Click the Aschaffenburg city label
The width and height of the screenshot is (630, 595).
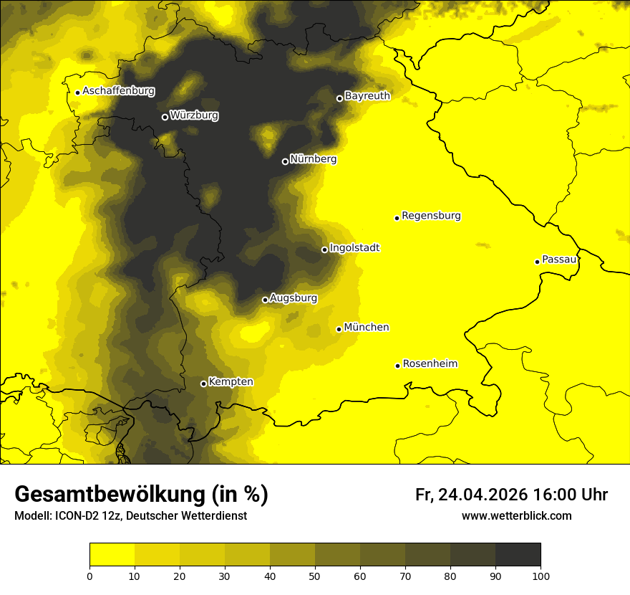tap(118, 91)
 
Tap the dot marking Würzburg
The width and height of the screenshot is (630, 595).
tap(165, 117)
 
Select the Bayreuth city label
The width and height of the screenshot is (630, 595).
tap(367, 95)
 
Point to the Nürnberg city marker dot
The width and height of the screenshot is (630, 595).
tap(285, 161)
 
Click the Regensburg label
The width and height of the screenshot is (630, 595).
tap(431, 216)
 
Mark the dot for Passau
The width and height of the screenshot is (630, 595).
tap(537, 262)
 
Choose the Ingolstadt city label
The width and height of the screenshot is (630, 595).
tap(354, 248)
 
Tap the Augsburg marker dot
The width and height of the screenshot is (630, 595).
tap(265, 300)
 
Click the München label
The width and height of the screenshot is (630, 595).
tap(367, 328)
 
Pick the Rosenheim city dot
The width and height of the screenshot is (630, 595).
tap(397, 366)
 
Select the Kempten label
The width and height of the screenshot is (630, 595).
tap(231, 382)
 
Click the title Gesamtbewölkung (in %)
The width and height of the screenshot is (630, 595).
tap(141, 495)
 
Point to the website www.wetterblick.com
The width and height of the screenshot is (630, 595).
tap(516, 516)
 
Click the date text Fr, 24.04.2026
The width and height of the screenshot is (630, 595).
tap(471, 495)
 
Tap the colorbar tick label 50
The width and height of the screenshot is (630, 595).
tap(315, 576)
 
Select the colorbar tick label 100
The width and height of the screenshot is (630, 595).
tap(541, 576)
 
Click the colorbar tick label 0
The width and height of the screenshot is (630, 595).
tap(89, 576)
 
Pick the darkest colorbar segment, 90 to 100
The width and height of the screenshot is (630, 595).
tap(518, 555)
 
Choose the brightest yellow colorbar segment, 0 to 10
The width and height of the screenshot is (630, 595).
tap(112, 555)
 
